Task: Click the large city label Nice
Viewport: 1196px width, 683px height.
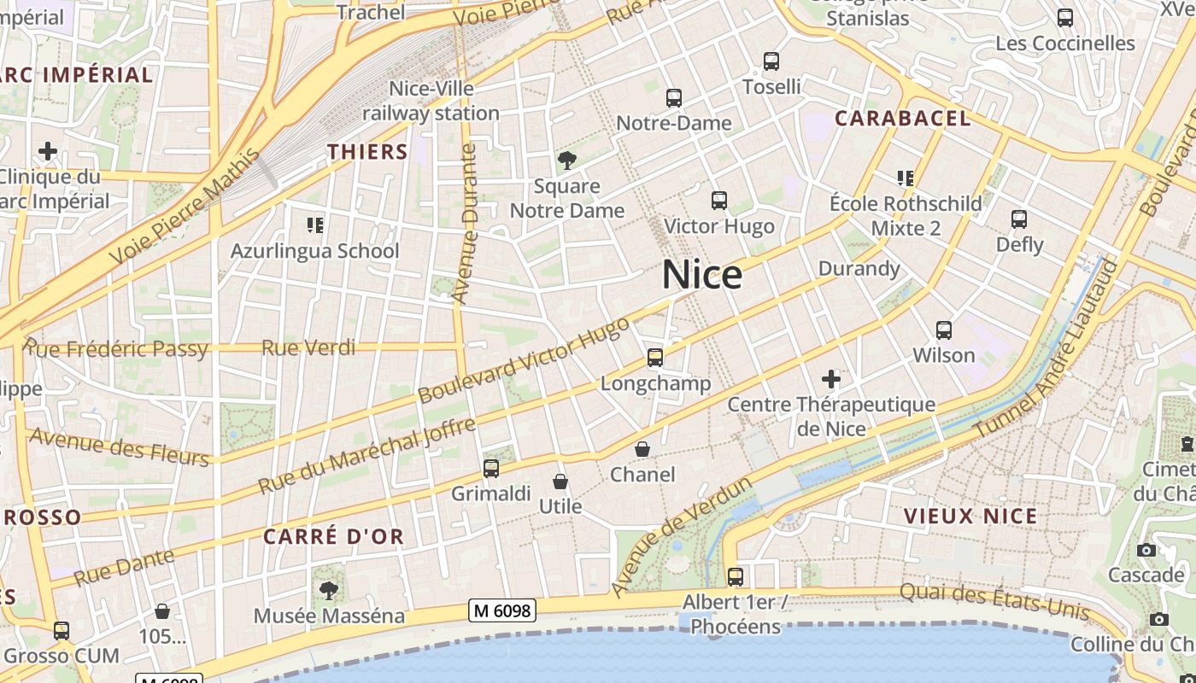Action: [701, 275]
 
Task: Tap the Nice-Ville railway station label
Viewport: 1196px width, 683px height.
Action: [431, 101]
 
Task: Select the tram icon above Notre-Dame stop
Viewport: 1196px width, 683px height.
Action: [674, 98]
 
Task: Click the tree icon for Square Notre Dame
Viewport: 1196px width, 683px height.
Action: [566, 160]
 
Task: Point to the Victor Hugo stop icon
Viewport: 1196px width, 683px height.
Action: [719, 201]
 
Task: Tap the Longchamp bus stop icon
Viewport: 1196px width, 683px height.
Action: [655, 358]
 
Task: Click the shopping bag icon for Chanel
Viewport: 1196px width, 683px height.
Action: [642, 449]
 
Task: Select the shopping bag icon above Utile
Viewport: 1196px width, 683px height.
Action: [560, 482]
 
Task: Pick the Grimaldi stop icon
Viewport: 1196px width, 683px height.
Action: [491, 468]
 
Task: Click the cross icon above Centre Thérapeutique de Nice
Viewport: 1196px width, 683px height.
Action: [831, 378]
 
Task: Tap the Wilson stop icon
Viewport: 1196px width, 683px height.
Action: [944, 330]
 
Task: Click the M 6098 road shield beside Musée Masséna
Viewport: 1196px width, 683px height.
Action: [502, 610]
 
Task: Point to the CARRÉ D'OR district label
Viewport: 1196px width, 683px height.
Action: [333, 537]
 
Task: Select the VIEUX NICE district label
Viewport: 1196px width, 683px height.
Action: [970, 516]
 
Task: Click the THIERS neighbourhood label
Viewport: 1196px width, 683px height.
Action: [367, 152]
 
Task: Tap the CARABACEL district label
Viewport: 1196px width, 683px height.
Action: [903, 119]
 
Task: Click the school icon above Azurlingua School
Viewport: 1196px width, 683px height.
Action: [315, 225]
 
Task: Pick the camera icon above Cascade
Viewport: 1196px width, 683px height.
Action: [1146, 550]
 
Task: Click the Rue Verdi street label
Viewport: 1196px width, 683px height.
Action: [308, 347]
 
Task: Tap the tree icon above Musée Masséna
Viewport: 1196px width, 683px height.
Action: [329, 590]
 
